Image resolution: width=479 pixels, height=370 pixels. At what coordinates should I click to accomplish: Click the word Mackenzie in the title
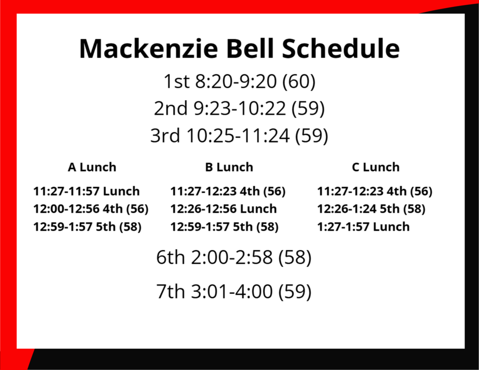pyautogui.click(x=148, y=49)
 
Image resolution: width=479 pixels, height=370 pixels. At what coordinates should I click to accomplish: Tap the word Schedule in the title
pyautogui.click(x=341, y=49)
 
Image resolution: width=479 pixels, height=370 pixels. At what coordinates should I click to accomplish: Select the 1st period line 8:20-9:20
pyautogui.click(x=239, y=81)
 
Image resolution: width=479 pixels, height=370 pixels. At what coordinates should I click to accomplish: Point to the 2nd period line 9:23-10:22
pyautogui.click(x=239, y=108)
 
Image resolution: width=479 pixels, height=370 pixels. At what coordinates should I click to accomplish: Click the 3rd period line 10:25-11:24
pyautogui.click(x=239, y=135)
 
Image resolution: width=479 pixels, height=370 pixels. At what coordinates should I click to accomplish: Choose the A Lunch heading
pyautogui.click(x=92, y=167)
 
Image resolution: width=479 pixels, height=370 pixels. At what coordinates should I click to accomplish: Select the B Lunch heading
pyautogui.click(x=229, y=167)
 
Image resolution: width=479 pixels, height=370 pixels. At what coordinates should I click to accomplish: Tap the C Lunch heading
pyautogui.click(x=376, y=167)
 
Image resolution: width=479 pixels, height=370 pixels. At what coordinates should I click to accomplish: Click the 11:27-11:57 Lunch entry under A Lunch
pyautogui.click(x=87, y=191)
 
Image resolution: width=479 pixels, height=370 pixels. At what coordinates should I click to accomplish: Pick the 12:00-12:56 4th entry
pyautogui.click(x=91, y=209)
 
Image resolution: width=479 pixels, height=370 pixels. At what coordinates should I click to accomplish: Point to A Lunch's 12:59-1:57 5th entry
pyautogui.click(x=87, y=227)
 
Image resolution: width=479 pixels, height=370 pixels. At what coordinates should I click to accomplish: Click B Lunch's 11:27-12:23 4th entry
pyautogui.click(x=228, y=191)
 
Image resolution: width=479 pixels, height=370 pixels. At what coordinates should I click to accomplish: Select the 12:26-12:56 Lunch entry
pyautogui.click(x=224, y=209)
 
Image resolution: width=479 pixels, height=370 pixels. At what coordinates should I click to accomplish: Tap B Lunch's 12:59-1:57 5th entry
pyautogui.click(x=225, y=227)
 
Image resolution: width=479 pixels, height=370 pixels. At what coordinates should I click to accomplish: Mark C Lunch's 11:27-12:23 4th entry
pyautogui.click(x=375, y=191)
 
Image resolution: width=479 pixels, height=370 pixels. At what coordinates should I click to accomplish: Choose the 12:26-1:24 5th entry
pyautogui.click(x=371, y=209)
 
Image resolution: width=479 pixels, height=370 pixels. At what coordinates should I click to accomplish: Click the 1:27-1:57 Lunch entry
pyautogui.click(x=363, y=227)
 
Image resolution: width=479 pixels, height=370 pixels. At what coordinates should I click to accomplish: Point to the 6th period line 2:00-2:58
pyautogui.click(x=234, y=257)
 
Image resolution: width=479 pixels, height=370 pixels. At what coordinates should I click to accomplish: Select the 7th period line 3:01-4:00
pyautogui.click(x=234, y=291)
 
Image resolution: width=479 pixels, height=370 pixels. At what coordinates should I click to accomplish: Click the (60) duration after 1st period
pyautogui.click(x=299, y=81)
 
